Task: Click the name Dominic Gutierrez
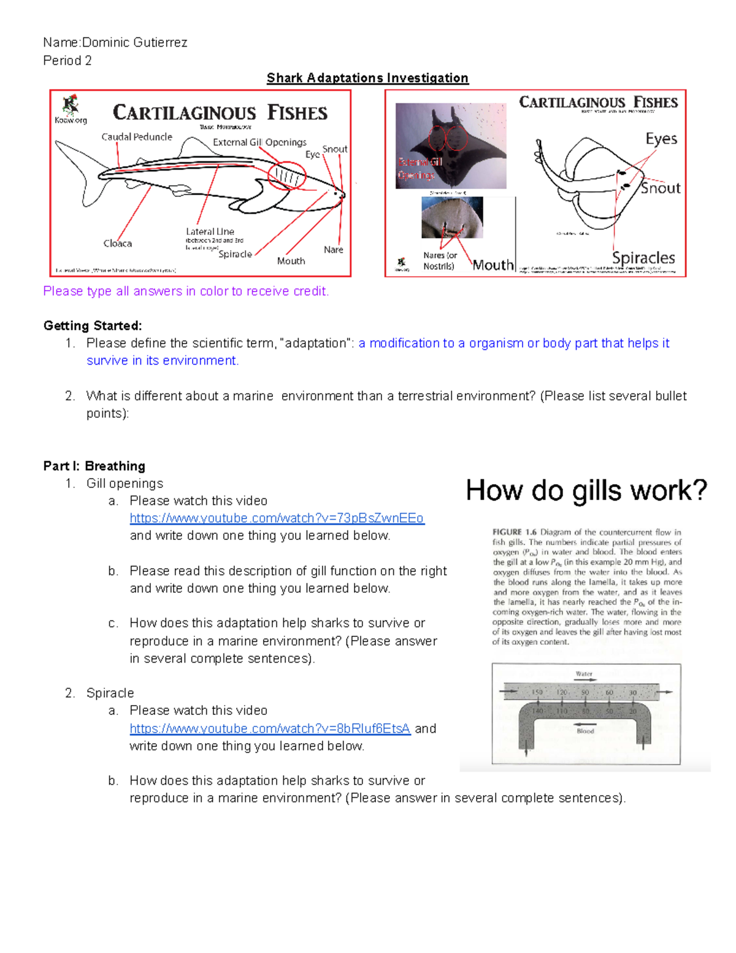pos(134,42)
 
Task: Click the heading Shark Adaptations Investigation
pos(367,78)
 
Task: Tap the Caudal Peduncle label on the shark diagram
pos(137,137)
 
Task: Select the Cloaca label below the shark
pos(118,244)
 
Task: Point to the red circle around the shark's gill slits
pos(287,176)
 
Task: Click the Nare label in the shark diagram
pos(333,250)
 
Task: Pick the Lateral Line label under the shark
pos(210,231)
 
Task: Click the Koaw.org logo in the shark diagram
pos(71,110)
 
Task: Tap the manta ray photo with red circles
pos(451,145)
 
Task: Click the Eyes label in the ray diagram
pos(661,139)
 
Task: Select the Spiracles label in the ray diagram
pos(643,258)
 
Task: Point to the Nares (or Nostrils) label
pos(440,261)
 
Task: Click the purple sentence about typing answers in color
pos(186,291)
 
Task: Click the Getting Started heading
pos(93,325)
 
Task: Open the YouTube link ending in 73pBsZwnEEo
pos(277,518)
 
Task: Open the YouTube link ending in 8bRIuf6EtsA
pos(270,728)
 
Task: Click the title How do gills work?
pos(586,490)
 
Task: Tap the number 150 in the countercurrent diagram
pos(537,692)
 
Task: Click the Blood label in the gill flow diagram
pos(585,731)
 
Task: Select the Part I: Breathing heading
pos(94,466)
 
